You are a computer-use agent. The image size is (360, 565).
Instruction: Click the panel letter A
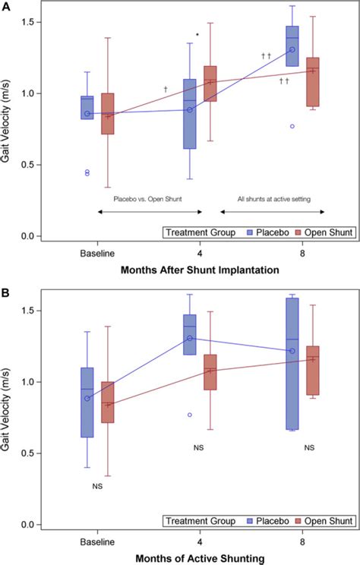click(x=6, y=6)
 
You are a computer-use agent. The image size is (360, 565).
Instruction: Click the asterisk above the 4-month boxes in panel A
click(x=197, y=35)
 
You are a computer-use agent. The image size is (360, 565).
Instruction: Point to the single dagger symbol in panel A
click(x=165, y=90)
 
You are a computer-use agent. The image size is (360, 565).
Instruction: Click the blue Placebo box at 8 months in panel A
click(x=292, y=46)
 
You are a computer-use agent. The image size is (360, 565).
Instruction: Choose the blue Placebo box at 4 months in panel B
click(x=189, y=335)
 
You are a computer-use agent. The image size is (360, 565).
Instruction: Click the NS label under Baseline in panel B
click(x=97, y=485)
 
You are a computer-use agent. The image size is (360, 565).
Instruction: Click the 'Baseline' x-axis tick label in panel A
click(x=98, y=251)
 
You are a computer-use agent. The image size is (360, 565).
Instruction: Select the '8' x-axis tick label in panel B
click(x=302, y=540)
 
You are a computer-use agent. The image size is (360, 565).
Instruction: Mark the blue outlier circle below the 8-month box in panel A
click(x=292, y=126)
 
